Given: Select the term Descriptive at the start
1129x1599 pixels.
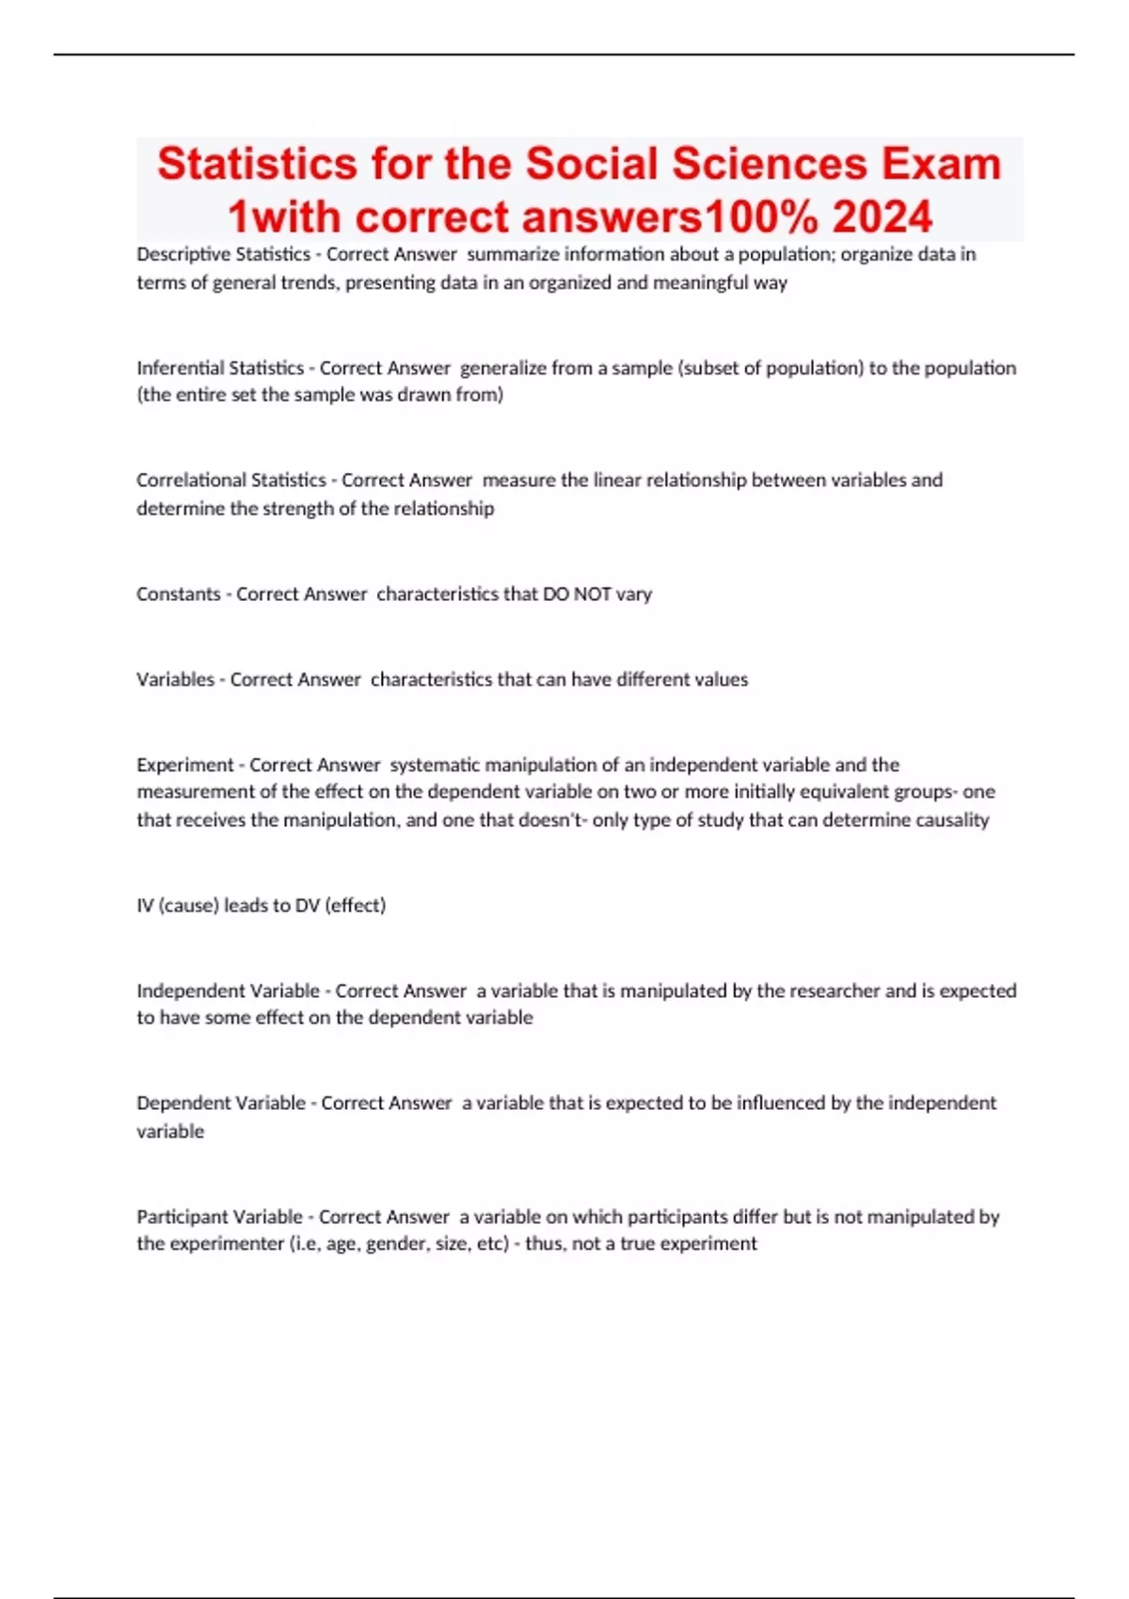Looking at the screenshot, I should coord(178,254).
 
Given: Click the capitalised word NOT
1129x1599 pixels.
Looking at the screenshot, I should coord(592,594).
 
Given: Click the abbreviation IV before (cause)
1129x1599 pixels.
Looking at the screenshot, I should coord(145,905).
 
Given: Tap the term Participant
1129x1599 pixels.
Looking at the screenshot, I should coord(179,1216).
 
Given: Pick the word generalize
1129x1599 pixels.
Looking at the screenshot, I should coord(503,368).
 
